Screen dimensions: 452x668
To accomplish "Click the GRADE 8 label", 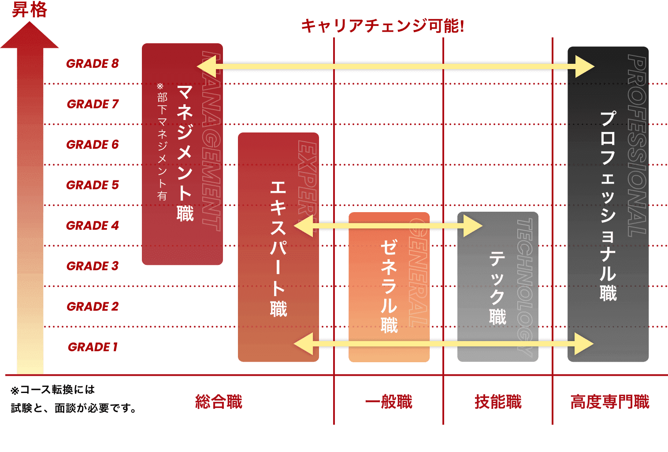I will (x=93, y=63).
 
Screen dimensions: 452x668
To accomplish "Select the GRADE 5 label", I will (x=93, y=185).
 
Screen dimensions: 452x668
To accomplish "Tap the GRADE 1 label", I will (x=93, y=347).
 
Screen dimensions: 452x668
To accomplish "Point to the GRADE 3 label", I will (x=93, y=266).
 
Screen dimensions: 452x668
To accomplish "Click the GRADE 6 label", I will (x=93, y=144).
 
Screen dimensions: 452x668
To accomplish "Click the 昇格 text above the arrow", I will (x=29, y=10).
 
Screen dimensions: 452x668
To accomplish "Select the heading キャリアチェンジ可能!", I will (x=382, y=26).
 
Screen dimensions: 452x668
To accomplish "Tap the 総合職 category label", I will (x=219, y=402).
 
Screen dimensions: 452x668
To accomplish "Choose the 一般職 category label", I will (x=388, y=402).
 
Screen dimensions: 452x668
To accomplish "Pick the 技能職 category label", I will (x=498, y=402).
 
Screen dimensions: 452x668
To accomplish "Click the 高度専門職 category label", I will (x=610, y=402).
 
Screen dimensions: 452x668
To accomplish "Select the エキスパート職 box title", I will (x=278, y=249).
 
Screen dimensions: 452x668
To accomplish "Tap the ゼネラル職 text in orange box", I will (x=389, y=286).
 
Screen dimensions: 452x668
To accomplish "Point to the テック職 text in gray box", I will (x=497, y=288).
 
